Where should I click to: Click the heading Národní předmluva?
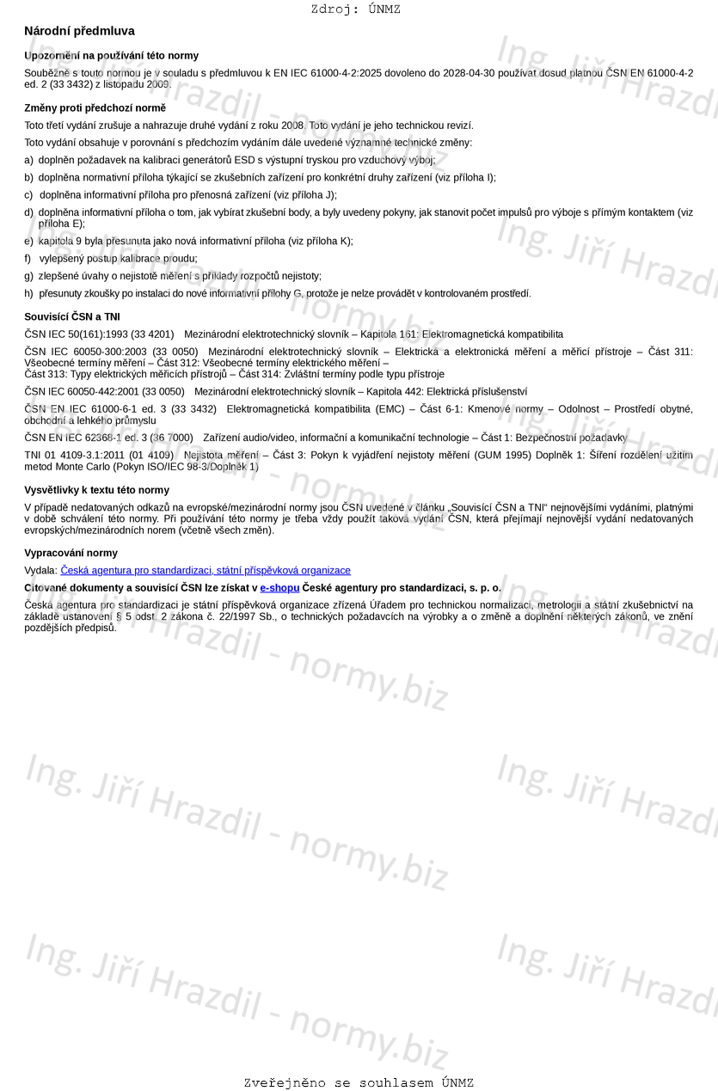point(79,31)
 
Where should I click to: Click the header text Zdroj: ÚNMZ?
point(355,9)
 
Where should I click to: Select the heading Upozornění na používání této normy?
point(111,56)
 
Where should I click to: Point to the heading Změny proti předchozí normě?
point(95,108)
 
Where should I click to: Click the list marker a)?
point(29,160)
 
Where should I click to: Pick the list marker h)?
point(29,293)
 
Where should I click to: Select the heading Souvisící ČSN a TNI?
point(72,317)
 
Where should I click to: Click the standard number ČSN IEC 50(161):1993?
point(74,334)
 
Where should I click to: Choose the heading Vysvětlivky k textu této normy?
point(96,490)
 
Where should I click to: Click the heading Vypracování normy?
point(71,553)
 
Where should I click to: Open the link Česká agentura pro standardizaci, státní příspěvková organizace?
point(206,571)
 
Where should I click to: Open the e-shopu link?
point(279,588)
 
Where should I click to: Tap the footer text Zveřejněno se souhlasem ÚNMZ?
point(359,1083)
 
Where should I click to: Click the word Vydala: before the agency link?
point(40,571)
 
